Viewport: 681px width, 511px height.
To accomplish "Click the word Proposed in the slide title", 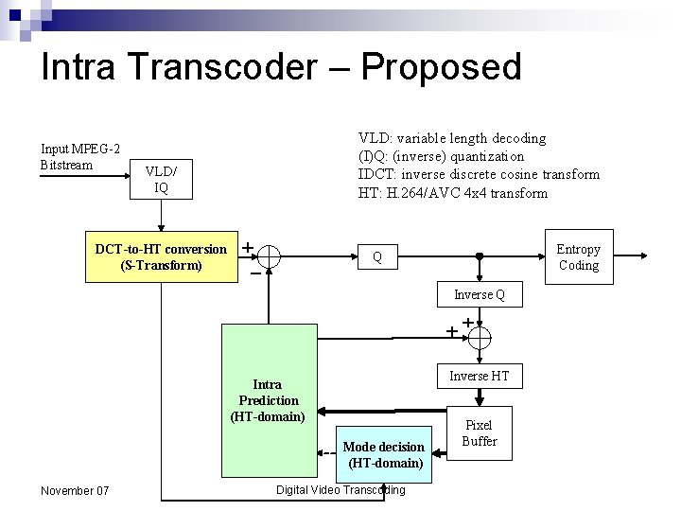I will tap(441, 67).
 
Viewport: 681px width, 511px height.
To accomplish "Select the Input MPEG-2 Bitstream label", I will tap(79, 157).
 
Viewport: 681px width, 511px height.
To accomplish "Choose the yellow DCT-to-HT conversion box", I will tap(162, 256).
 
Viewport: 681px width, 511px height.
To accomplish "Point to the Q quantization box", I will tap(377, 256).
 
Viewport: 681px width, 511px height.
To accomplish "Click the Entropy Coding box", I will tap(578, 256).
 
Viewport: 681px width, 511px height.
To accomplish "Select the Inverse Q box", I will tap(479, 294).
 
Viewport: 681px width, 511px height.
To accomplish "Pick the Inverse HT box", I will tap(479, 376).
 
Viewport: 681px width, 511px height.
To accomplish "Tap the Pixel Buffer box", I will tap(479, 433).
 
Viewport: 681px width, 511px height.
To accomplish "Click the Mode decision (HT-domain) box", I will tap(384, 454).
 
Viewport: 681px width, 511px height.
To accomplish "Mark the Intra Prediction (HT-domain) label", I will tap(268, 399).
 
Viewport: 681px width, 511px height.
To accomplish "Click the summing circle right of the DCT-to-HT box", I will tap(269, 256).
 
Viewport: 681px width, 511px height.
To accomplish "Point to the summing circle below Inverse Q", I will tap(480, 337).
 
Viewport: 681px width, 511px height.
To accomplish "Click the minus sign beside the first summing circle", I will tap(254, 273).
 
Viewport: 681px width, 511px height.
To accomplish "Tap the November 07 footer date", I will tap(75, 490).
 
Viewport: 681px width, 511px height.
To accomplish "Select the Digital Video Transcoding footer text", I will tap(340, 489).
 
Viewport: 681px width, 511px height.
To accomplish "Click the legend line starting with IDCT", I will tap(479, 174).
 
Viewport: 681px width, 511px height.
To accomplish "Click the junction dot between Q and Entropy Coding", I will tap(480, 255).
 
